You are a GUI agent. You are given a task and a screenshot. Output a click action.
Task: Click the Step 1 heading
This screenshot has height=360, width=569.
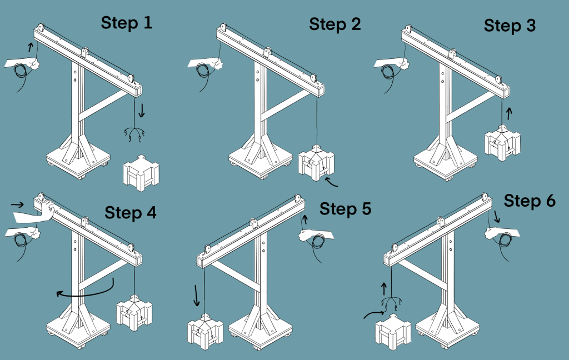click(126, 23)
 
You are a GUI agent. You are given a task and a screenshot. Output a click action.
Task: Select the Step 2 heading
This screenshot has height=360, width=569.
click(335, 24)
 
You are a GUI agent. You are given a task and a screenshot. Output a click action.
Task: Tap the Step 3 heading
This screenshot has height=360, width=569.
click(510, 26)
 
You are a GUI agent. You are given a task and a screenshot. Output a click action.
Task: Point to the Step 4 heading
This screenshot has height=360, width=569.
click(131, 212)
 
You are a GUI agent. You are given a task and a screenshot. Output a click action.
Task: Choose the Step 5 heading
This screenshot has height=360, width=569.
click(345, 209)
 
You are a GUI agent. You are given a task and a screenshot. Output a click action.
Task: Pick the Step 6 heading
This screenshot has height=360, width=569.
click(530, 201)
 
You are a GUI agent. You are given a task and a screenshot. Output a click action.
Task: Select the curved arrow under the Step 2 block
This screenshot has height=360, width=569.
click(332, 184)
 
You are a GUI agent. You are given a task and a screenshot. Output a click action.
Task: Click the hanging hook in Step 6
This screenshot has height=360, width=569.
click(392, 303)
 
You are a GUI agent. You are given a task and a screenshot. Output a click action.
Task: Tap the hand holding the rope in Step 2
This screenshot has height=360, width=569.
click(207, 66)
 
